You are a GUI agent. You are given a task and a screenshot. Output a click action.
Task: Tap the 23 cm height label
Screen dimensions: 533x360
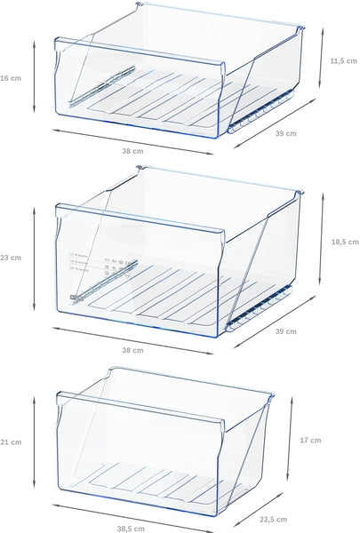[10, 258]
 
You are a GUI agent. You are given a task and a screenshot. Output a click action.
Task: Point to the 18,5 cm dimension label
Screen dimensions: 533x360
[343, 241]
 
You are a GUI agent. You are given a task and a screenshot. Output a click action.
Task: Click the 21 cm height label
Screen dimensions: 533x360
[10, 442]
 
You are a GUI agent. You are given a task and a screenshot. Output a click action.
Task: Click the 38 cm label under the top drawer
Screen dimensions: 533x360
[132, 152]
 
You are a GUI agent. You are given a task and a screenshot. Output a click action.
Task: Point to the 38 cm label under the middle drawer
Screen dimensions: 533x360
[132, 350]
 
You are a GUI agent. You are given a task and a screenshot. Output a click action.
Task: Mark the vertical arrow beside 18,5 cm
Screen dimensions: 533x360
[322, 242]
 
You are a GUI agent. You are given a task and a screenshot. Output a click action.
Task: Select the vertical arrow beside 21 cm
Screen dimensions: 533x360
[33, 442]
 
